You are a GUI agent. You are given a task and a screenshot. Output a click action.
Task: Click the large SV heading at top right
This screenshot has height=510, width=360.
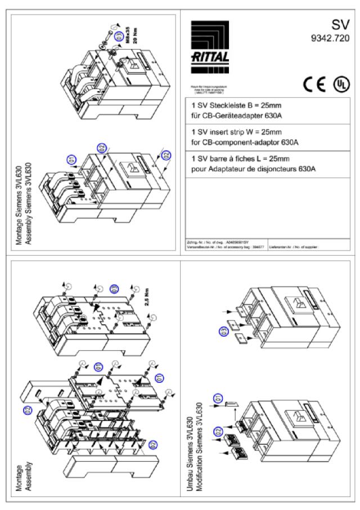[x=339, y=24]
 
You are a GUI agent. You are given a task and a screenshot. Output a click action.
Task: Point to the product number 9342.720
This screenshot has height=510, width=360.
[x=330, y=39]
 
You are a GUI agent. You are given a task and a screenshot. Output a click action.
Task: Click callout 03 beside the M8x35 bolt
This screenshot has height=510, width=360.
[x=119, y=37]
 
